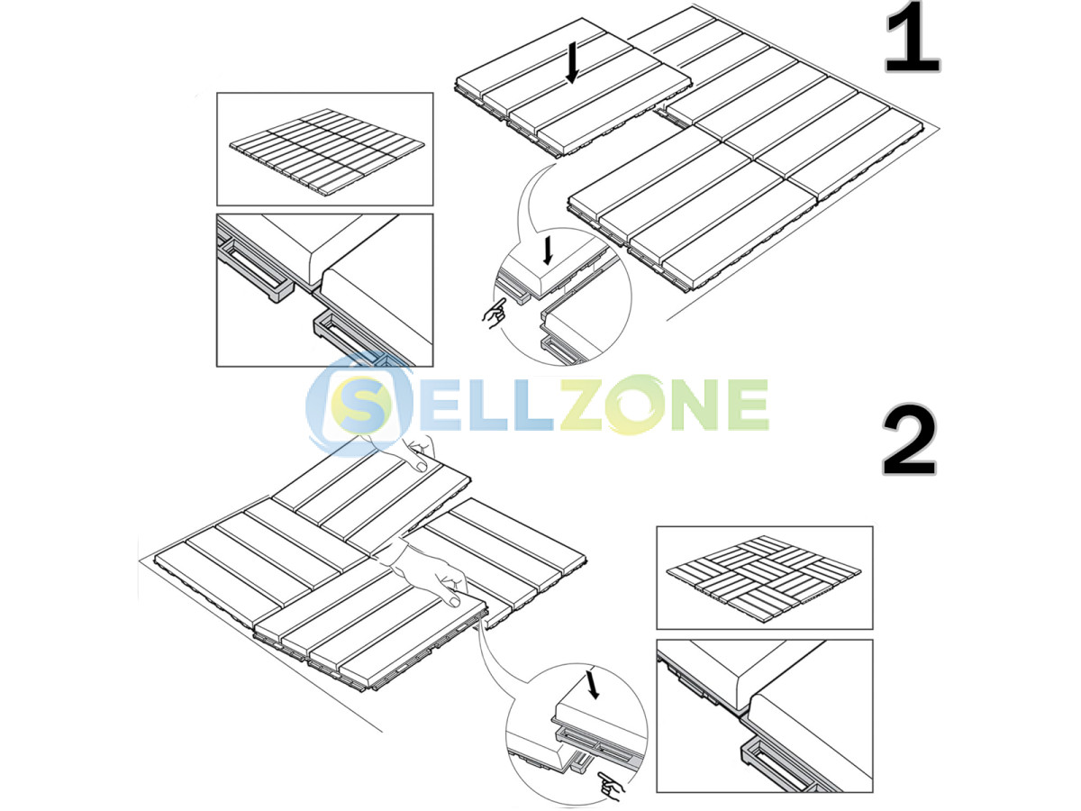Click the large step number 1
(x=913, y=37)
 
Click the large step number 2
(x=909, y=440)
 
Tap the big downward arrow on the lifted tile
(x=572, y=62)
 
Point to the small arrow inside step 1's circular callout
(x=547, y=251)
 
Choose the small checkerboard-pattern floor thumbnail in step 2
(x=763, y=579)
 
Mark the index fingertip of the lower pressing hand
(x=454, y=601)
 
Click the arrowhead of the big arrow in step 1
(x=572, y=77)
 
